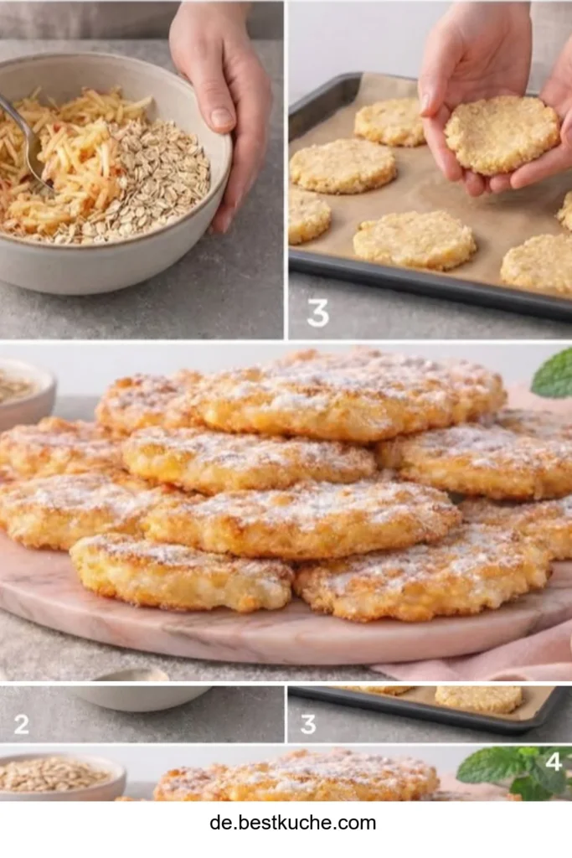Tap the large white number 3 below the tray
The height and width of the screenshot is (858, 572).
pos(317,313)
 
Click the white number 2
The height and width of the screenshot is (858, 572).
pos(21,725)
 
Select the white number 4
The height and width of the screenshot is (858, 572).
pos(554,762)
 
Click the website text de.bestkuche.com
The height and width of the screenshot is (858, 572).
pos(292,823)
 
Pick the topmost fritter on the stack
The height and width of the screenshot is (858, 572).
pos(350,394)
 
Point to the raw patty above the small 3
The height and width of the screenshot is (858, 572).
pos(478,700)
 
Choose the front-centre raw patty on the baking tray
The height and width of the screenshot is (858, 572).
pos(414,240)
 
